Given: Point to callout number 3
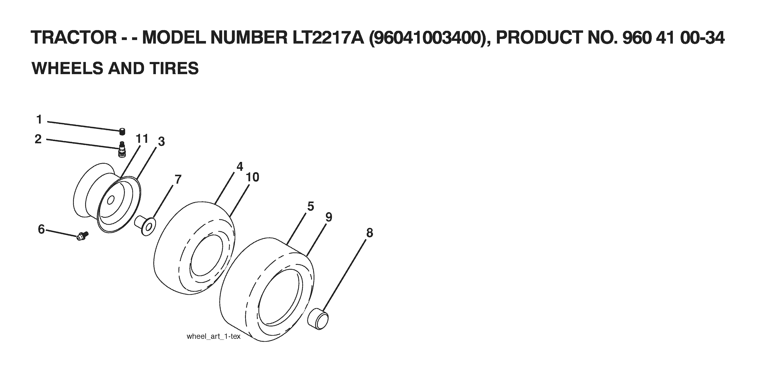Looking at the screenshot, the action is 161,141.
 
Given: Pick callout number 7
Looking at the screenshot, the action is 178,179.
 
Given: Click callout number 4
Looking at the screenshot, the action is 240,166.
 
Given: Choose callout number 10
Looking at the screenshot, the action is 253,177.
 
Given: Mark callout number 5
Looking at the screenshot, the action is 311,206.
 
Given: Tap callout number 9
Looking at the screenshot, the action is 329,217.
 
